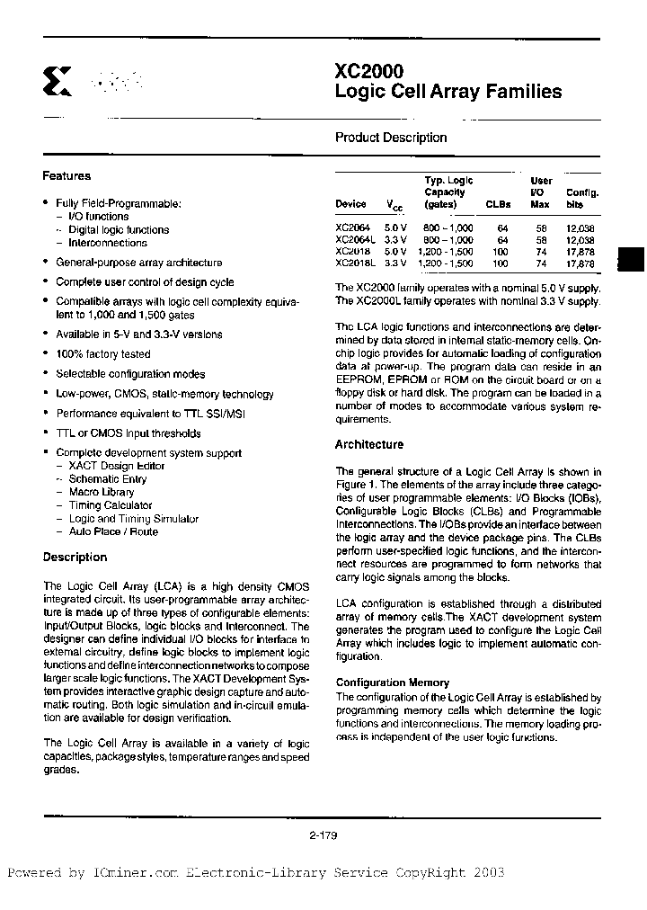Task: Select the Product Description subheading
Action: point(391,138)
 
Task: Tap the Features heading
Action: point(66,176)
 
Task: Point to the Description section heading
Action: point(75,558)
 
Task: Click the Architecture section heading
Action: point(369,444)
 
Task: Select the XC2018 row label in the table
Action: point(351,252)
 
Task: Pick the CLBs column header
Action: point(498,204)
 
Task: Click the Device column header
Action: point(350,204)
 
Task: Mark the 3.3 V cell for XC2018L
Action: point(396,263)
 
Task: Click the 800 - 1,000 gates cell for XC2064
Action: point(448,228)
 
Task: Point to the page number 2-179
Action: point(323,835)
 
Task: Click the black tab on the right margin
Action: point(632,258)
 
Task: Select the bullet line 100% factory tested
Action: point(103,354)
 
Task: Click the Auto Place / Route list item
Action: point(113,531)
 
